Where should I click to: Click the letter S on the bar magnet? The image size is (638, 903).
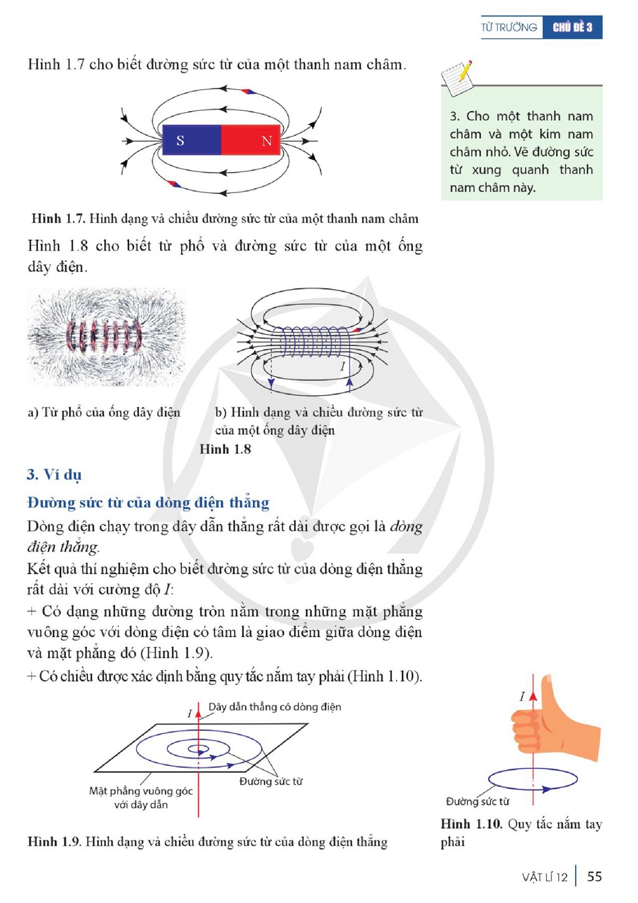180,140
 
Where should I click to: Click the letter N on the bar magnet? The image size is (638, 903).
267,141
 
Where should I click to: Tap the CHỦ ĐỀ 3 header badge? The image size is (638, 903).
573,27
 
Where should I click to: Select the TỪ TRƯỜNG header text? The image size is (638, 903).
509,27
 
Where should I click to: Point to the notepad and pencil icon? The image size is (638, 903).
457,79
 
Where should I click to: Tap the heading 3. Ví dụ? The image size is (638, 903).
54,475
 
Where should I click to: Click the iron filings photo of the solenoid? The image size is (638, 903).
107,337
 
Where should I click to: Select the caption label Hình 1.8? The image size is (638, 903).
226,449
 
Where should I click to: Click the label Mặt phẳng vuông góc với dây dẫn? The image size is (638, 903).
141,798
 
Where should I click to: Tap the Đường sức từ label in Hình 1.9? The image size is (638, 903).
271,781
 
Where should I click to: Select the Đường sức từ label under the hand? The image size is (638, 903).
478,801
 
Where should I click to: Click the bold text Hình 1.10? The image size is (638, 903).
472,824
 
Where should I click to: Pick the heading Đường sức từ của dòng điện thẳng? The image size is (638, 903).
148,503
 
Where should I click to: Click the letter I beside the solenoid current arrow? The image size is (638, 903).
343,366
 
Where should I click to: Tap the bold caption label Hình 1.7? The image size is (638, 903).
59,219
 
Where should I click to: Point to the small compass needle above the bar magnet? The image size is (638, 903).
248,92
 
